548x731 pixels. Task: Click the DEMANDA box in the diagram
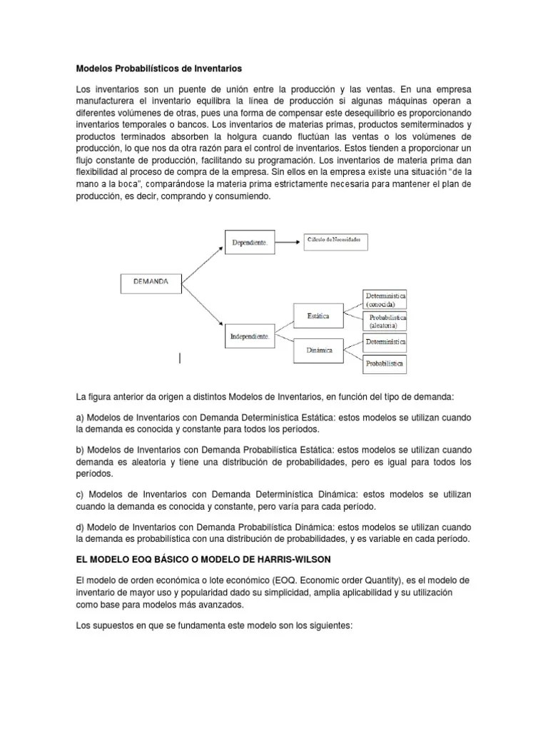tap(151, 283)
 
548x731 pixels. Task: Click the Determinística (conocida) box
tap(385, 298)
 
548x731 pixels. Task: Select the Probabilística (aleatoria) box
tap(387, 321)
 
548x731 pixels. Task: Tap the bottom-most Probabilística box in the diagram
tap(385, 364)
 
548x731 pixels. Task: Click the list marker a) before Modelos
tap(80, 418)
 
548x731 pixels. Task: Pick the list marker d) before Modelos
tap(80, 526)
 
